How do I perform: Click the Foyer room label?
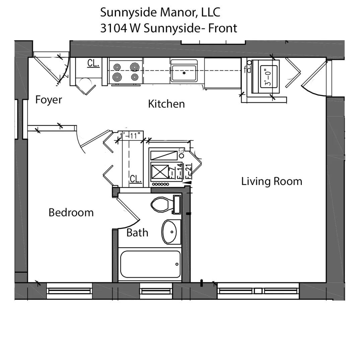(49, 100)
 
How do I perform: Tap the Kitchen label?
(166, 104)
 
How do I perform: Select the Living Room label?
(272, 181)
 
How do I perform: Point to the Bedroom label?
(71, 213)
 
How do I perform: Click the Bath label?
(137, 233)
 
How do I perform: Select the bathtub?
(150, 264)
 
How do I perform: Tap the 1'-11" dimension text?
(132, 136)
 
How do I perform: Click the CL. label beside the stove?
(93, 63)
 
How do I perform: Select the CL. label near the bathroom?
(136, 179)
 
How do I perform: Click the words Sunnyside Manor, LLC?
(160, 12)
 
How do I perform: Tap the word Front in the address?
(223, 28)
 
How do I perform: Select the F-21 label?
(189, 171)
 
